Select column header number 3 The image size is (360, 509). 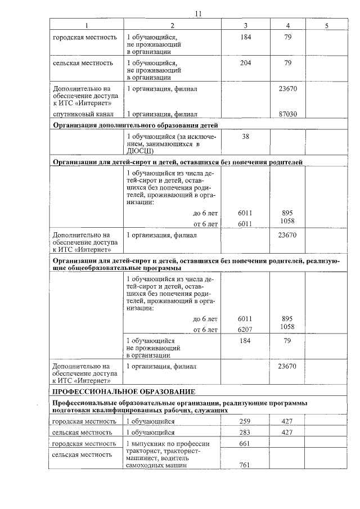[246, 26]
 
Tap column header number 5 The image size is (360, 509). [326, 26]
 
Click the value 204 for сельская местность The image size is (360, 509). [245, 64]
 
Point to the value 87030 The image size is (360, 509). [287, 114]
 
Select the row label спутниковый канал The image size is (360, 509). [79, 114]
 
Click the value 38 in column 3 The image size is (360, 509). [245, 137]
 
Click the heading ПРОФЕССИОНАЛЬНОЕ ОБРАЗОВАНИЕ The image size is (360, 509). [124, 391]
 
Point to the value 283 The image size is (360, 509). [244, 433]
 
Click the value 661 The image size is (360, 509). [244, 444]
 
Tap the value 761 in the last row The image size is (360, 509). [244, 465]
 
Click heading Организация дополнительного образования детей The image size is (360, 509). [135, 125]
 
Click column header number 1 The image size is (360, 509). [86, 26]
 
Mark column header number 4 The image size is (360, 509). [287, 26]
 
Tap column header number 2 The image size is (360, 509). [172, 26]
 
